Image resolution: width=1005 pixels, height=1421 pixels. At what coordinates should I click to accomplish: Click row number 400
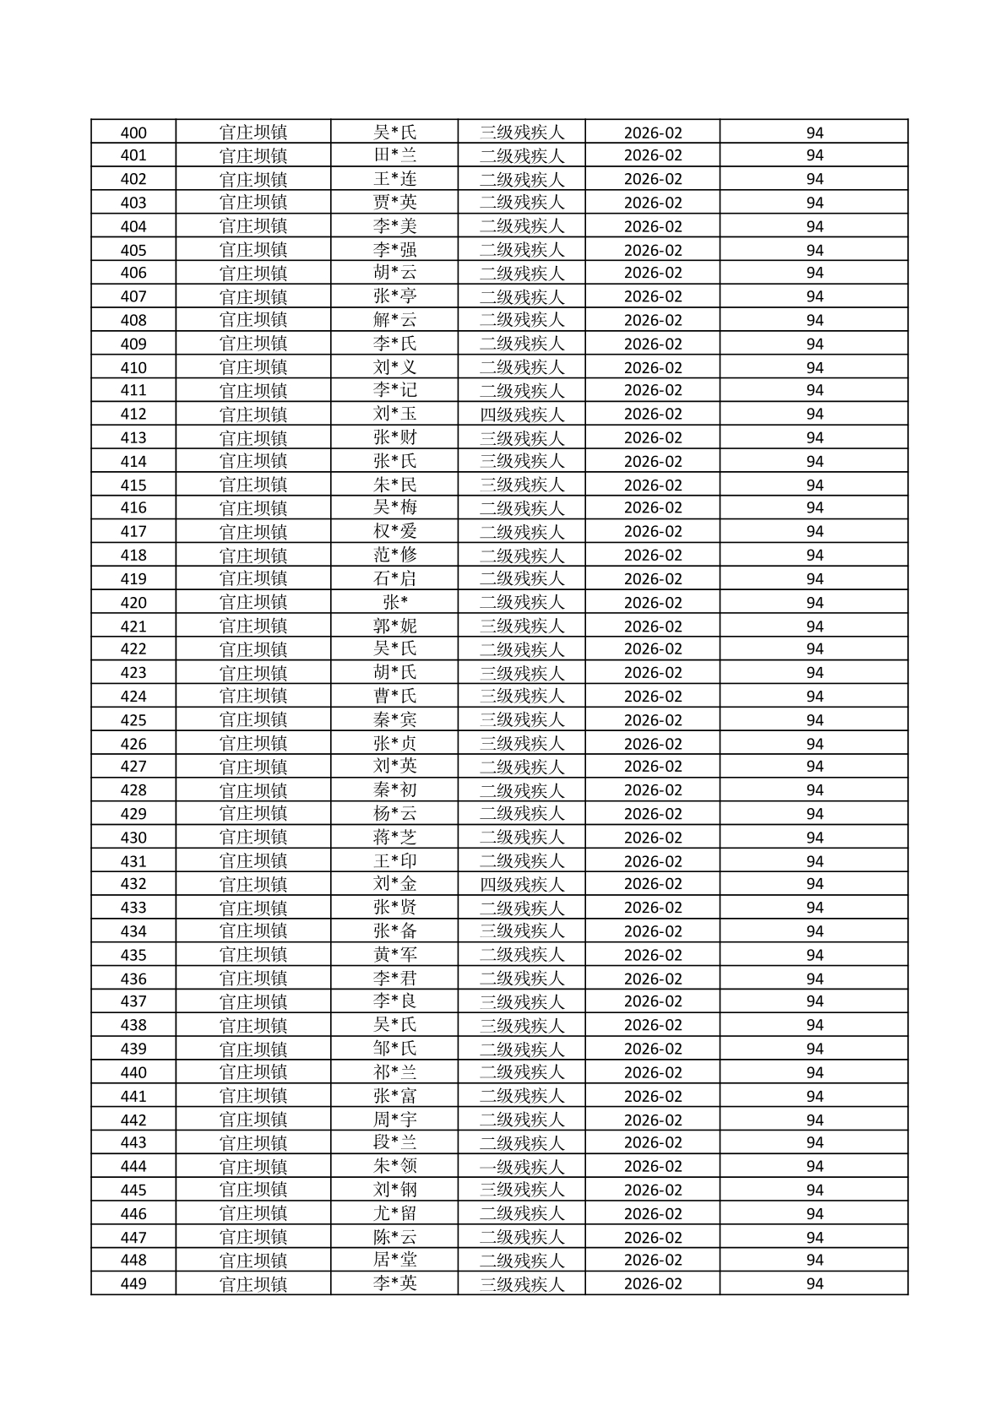133,133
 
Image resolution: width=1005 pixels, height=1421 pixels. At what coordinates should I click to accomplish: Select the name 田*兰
395,155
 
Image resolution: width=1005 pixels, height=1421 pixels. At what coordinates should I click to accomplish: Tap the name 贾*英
395,203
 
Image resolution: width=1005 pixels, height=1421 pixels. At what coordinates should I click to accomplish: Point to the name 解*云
395,320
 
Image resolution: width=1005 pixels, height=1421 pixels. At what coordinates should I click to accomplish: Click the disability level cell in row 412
521,415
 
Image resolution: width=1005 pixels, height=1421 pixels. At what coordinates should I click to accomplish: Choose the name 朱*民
395,485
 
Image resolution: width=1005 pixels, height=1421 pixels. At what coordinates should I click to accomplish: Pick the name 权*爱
395,532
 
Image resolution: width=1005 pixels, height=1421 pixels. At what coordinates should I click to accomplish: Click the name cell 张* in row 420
395,602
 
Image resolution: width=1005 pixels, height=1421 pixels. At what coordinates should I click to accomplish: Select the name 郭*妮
395,626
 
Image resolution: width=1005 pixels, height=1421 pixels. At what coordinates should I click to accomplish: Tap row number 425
133,720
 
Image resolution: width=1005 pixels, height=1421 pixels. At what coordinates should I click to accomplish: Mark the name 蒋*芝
395,838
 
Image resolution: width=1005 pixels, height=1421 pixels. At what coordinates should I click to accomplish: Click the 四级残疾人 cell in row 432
521,884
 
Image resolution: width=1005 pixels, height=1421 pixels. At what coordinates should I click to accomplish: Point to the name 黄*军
395,955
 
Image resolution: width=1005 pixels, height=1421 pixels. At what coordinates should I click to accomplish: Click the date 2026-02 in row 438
653,1025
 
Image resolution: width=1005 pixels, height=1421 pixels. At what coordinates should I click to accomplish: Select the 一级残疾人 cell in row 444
521,1166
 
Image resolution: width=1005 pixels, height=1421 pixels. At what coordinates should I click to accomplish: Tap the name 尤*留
395,1213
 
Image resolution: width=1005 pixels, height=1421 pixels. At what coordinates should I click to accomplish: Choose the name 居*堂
395,1260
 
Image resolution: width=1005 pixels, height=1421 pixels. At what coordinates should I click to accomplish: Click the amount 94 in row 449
814,1283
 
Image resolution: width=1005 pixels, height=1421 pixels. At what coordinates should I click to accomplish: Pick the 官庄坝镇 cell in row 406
253,273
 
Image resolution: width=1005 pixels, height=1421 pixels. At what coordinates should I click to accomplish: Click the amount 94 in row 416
814,507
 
